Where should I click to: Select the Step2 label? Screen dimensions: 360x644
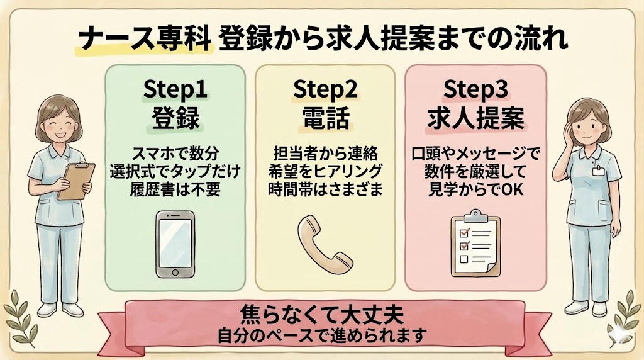325,90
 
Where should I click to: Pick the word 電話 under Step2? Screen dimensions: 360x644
325,118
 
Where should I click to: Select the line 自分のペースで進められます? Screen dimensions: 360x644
321,333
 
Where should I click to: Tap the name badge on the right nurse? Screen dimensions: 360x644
597,170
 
